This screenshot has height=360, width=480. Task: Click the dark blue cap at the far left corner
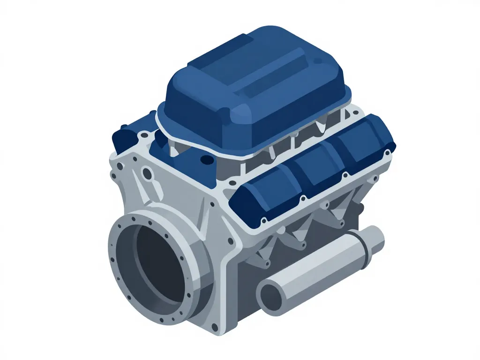pyautogui.click(x=123, y=137)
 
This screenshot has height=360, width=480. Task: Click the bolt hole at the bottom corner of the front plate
pyautogui.click(x=214, y=326)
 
